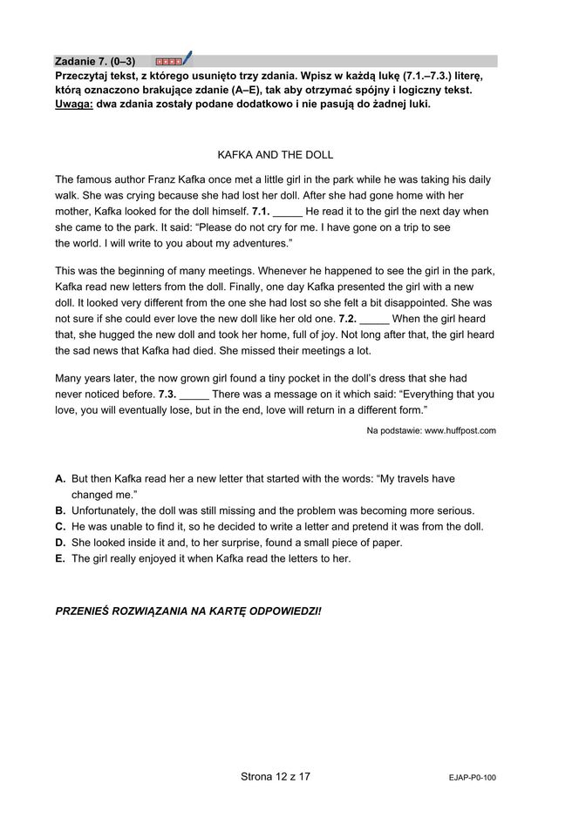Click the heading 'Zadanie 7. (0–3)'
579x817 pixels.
coord(94,61)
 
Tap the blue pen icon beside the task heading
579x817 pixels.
coord(187,58)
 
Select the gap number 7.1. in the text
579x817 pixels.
coord(260,212)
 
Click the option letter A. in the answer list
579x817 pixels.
coord(60,479)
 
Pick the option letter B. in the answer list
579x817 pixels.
coord(60,510)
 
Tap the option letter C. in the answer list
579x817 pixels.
coord(60,527)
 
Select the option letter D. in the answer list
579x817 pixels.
coord(60,543)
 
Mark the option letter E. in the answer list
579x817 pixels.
coord(60,558)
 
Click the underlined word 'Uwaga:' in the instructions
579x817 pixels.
coord(74,105)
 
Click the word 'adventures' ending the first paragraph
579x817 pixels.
coord(256,243)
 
